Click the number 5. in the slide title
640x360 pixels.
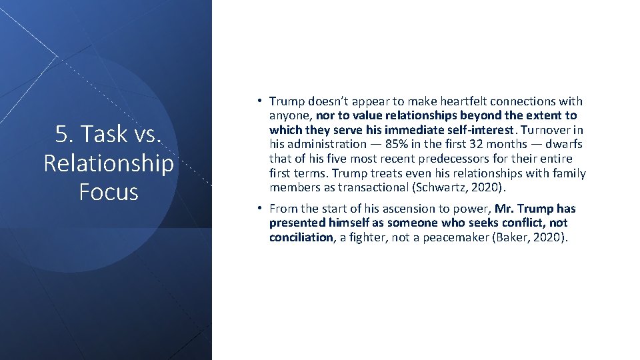point(65,134)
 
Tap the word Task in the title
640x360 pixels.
point(101,134)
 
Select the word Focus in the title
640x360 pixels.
point(108,191)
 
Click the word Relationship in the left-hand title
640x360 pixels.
point(108,163)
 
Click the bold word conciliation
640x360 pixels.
point(301,237)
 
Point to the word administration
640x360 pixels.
point(326,144)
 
